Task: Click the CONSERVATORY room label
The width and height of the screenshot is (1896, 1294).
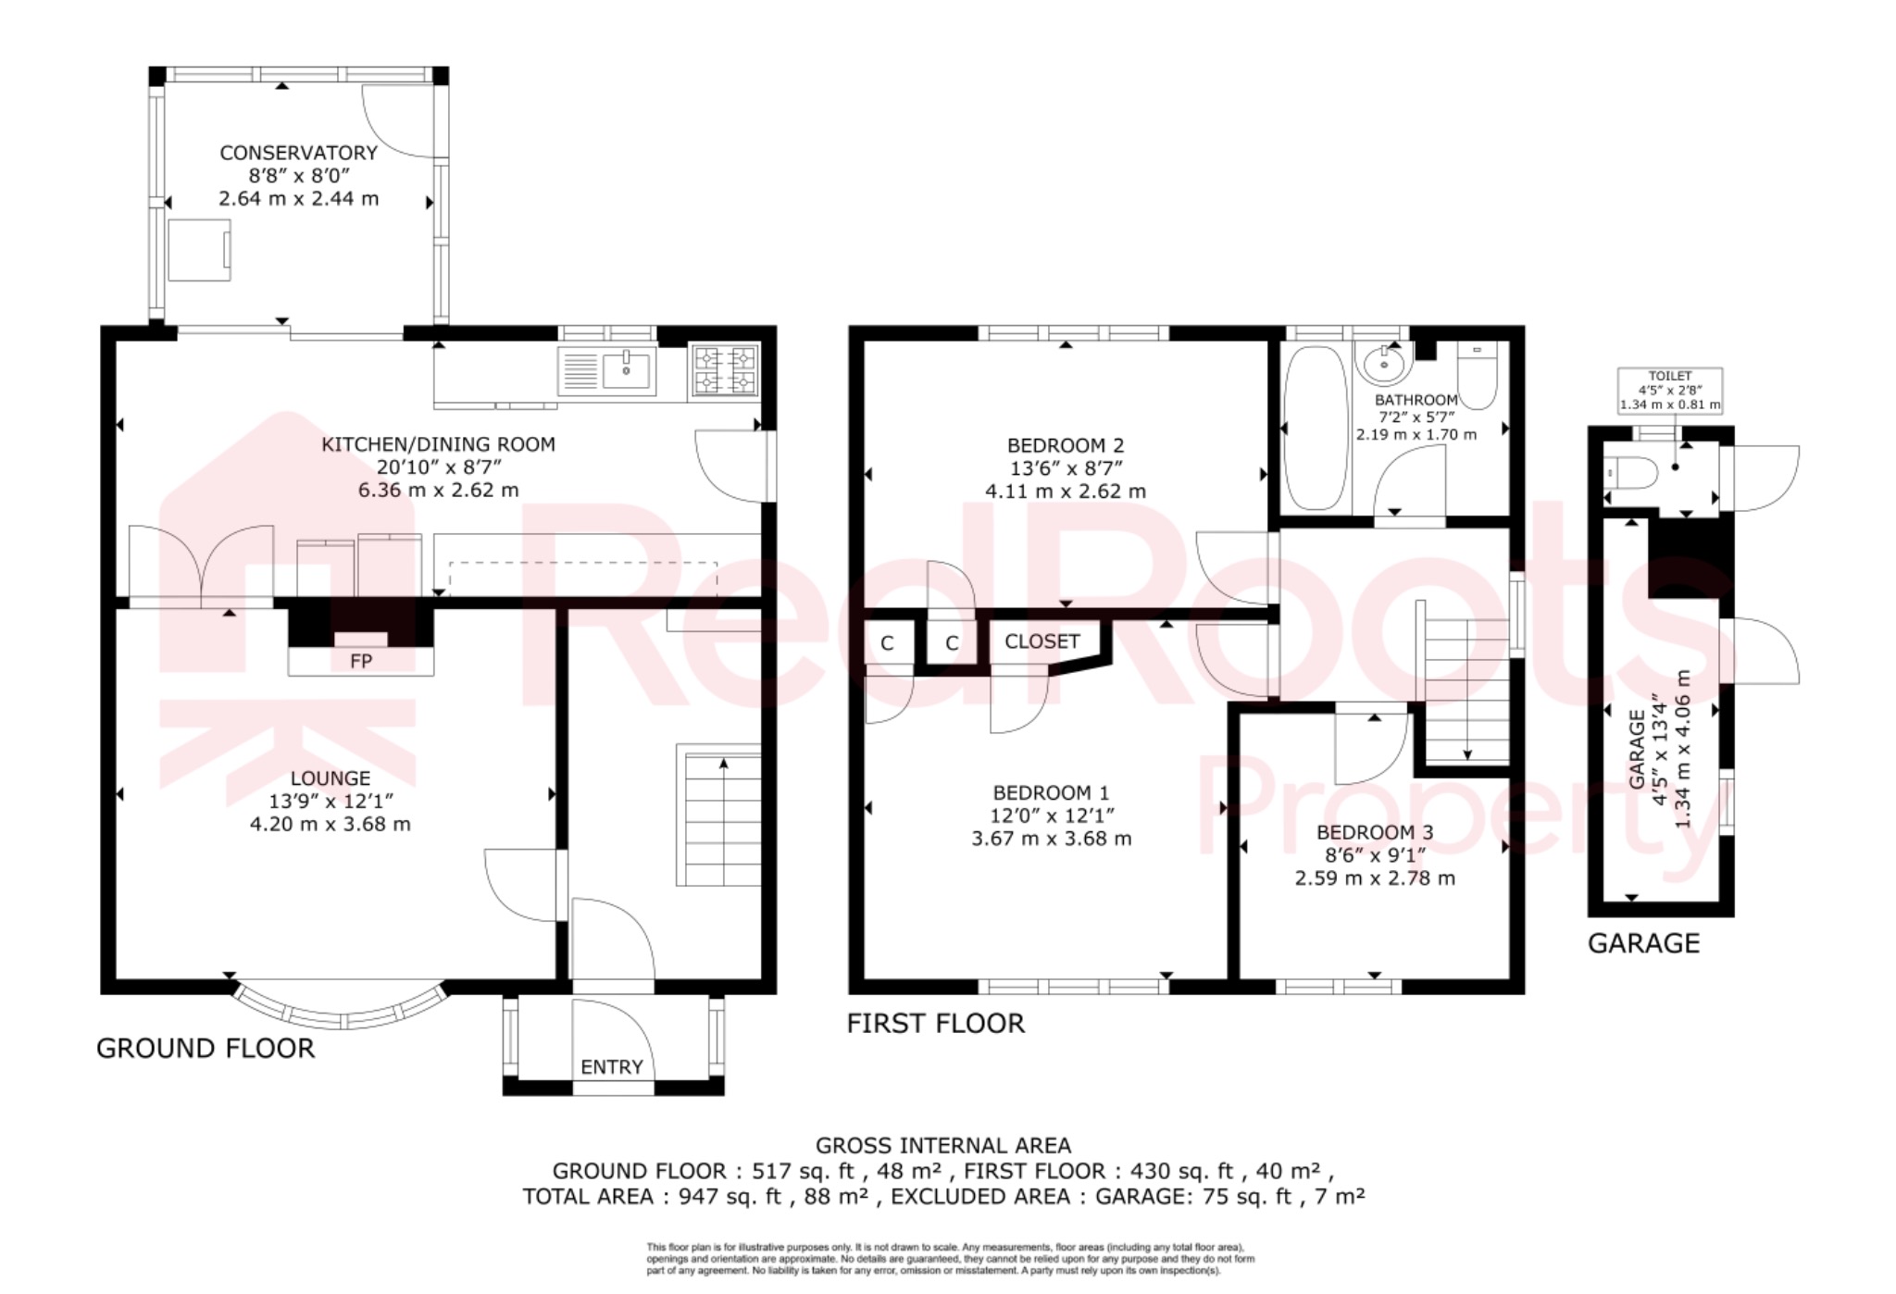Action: point(298,153)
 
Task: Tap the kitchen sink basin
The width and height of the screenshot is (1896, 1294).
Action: point(627,369)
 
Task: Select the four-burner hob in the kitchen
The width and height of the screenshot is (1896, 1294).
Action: point(725,370)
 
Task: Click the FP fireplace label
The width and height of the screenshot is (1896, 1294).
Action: point(360,662)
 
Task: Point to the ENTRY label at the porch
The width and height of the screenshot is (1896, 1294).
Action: point(611,1067)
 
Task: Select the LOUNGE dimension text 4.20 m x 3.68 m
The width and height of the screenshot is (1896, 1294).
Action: point(330,824)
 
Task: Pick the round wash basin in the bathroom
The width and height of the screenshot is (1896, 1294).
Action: point(1384,363)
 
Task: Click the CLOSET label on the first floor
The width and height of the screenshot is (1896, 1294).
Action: point(1042,641)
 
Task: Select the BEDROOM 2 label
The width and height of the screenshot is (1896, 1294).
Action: point(1065,445)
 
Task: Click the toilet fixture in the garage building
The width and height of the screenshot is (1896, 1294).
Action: point(1631,474)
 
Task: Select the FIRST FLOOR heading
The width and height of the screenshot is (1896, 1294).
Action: point(936,1024)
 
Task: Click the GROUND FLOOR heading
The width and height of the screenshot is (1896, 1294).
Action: point(206,1049)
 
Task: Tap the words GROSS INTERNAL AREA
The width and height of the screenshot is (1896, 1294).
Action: point(942,1146)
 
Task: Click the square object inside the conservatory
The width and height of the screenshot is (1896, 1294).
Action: point(199,250)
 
